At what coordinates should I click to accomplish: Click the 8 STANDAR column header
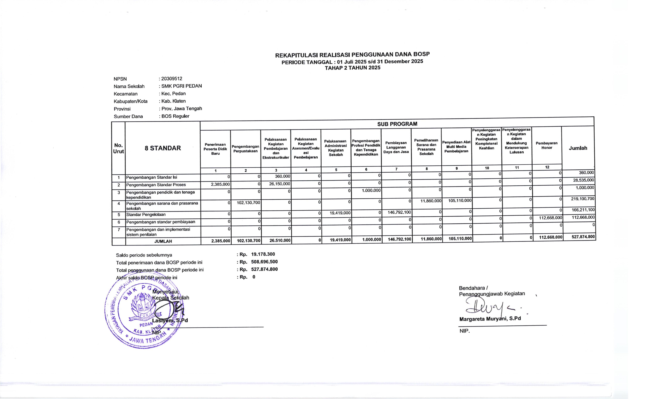pos(163,148)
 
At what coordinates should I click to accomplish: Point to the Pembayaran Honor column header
pos(547,145)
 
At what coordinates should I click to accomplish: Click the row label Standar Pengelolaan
pos(146,214)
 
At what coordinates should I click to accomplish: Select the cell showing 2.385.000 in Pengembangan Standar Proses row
pos(220,184)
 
